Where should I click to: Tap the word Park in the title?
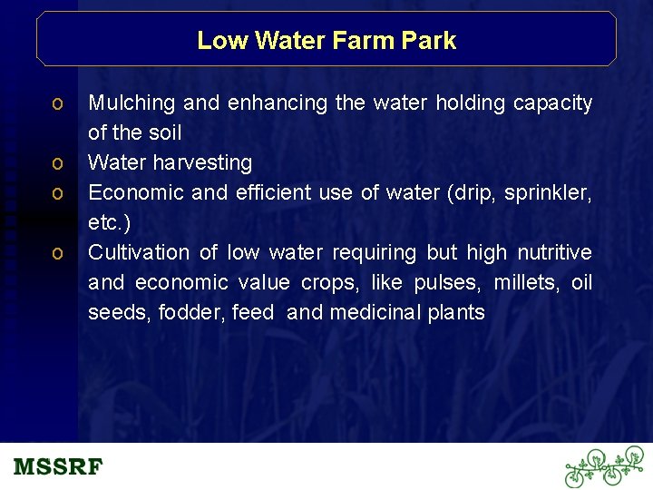coord(432,41)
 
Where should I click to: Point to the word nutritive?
coord(554,252)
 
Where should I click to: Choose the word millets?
coord(526,283)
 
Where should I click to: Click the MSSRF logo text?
coord(59,467)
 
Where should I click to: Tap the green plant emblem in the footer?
coord(603,466)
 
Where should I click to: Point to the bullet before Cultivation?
coord(57,253)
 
